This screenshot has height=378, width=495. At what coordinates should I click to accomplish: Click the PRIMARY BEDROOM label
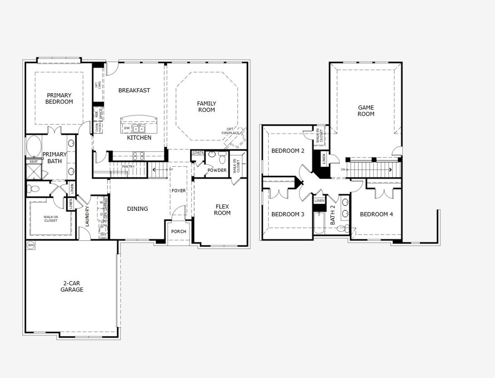(x=59, y=98)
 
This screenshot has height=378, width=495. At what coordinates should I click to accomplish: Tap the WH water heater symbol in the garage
(x=31, y=245)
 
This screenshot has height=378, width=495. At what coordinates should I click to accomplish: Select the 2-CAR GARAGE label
(x=72, y=286)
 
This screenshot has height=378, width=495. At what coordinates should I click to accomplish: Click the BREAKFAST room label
(x=134, y=90)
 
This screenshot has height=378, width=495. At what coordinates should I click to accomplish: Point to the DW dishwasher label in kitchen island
(x=126, y=128)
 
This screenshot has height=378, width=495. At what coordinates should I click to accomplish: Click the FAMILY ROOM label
(x=207, y=106)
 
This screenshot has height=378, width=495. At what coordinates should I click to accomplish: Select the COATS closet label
(x=198, y=153)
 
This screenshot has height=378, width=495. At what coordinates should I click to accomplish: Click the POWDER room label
(x=217, y=170)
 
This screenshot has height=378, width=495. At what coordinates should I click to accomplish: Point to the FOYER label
(x=179, y=191)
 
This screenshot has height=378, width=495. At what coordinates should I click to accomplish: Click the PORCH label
(x=179, y=231)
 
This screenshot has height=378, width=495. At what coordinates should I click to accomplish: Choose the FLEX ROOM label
(x=222, y=210)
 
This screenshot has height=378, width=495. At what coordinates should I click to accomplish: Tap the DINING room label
(x=137, y=209)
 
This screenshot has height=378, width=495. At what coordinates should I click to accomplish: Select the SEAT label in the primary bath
(x=33, y=161)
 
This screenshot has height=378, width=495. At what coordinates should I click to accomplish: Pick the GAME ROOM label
(x=366, y=111)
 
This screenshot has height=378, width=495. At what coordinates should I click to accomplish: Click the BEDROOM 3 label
(x=288, y=214)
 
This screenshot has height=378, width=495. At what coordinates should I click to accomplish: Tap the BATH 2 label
(x=333, y=215)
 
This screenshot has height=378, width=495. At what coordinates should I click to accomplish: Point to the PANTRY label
(x=128, y=167)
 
